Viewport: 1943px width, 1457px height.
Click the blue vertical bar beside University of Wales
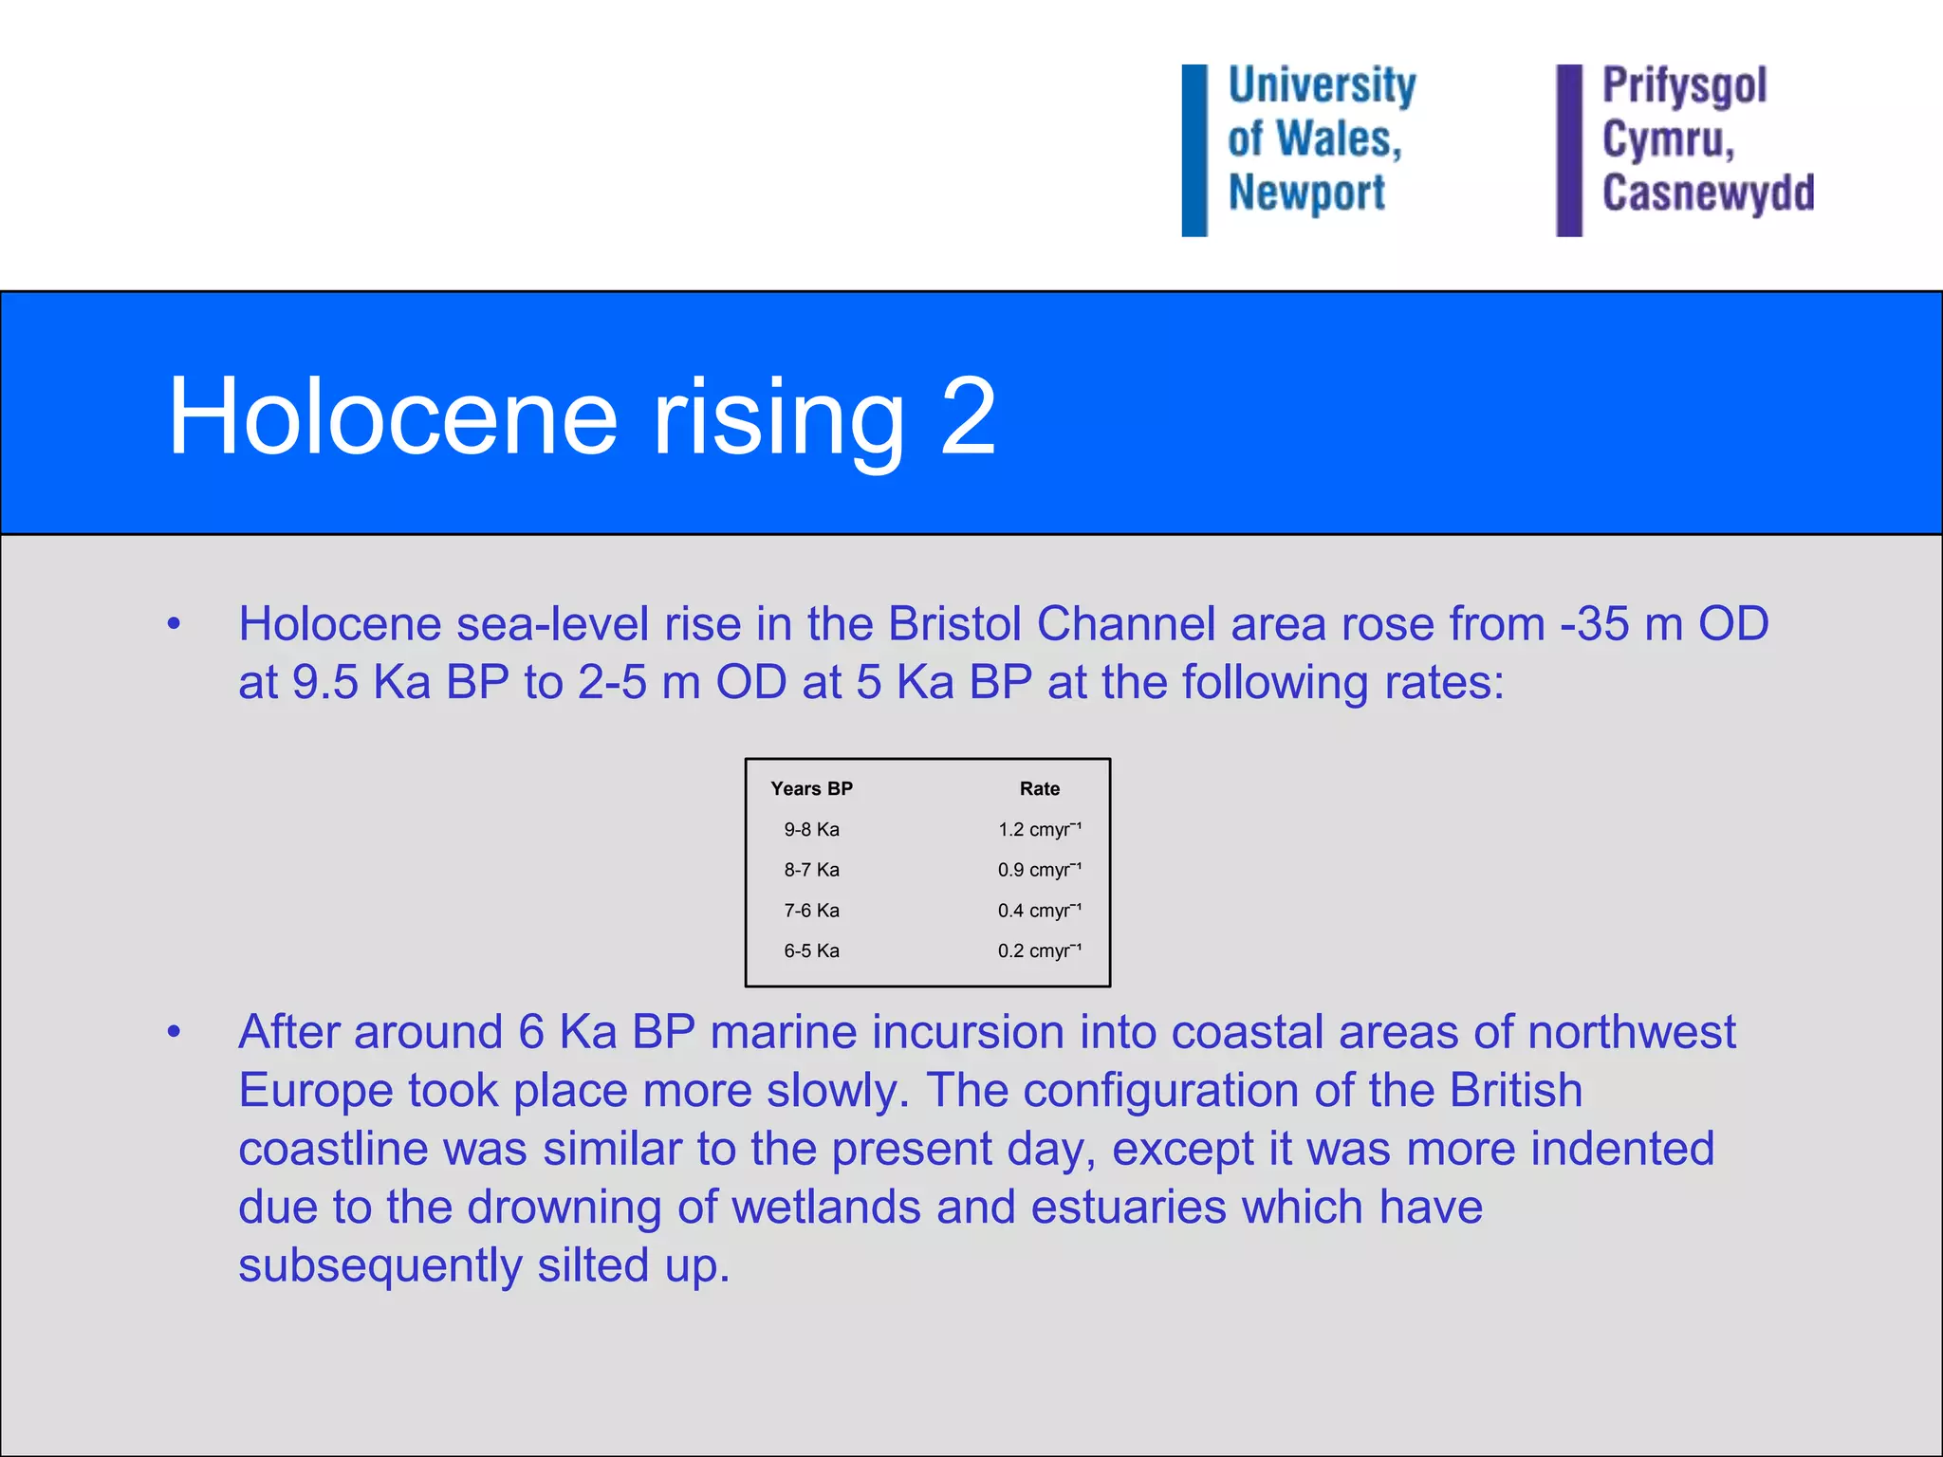pos(1194,150)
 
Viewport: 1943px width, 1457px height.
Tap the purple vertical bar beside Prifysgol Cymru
pos(1569,150)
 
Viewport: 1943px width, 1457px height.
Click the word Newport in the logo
pos(1306,193)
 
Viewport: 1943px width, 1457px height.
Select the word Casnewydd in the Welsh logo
pos(1708,193)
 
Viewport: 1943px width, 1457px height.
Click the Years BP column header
pos(811,788)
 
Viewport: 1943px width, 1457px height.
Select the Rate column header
pos(1039,788)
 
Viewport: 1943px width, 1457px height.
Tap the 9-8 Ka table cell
pos(811,829)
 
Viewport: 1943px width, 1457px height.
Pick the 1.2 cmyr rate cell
pos(1039,829)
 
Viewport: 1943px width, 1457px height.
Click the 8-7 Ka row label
pos(811,870)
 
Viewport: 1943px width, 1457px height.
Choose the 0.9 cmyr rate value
pos(1039,870)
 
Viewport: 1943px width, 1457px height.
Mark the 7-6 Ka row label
pos(811,911)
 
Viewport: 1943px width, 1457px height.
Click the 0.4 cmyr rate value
pos(1039,911)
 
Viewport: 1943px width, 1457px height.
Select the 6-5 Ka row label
pos(811,950)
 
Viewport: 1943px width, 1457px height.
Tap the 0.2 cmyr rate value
pos(1039,950)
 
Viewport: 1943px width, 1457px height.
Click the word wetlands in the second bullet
pos(826,1208)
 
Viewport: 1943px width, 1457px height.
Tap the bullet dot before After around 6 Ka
pos(174,1032)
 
